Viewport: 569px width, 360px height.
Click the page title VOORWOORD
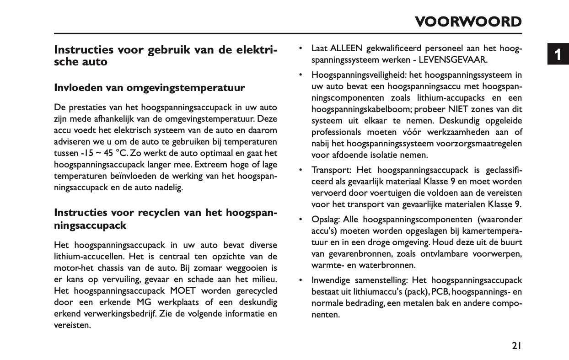click(468, 21)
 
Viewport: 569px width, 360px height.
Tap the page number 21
click(516, 346)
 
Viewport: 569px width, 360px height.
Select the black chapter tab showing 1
click(558, 54)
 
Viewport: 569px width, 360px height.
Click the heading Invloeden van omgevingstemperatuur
click(149, 88)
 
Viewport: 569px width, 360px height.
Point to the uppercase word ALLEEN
click(346, 48)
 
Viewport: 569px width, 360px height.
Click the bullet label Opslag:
click(325, 220)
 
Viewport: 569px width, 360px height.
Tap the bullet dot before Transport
click(300, 170)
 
